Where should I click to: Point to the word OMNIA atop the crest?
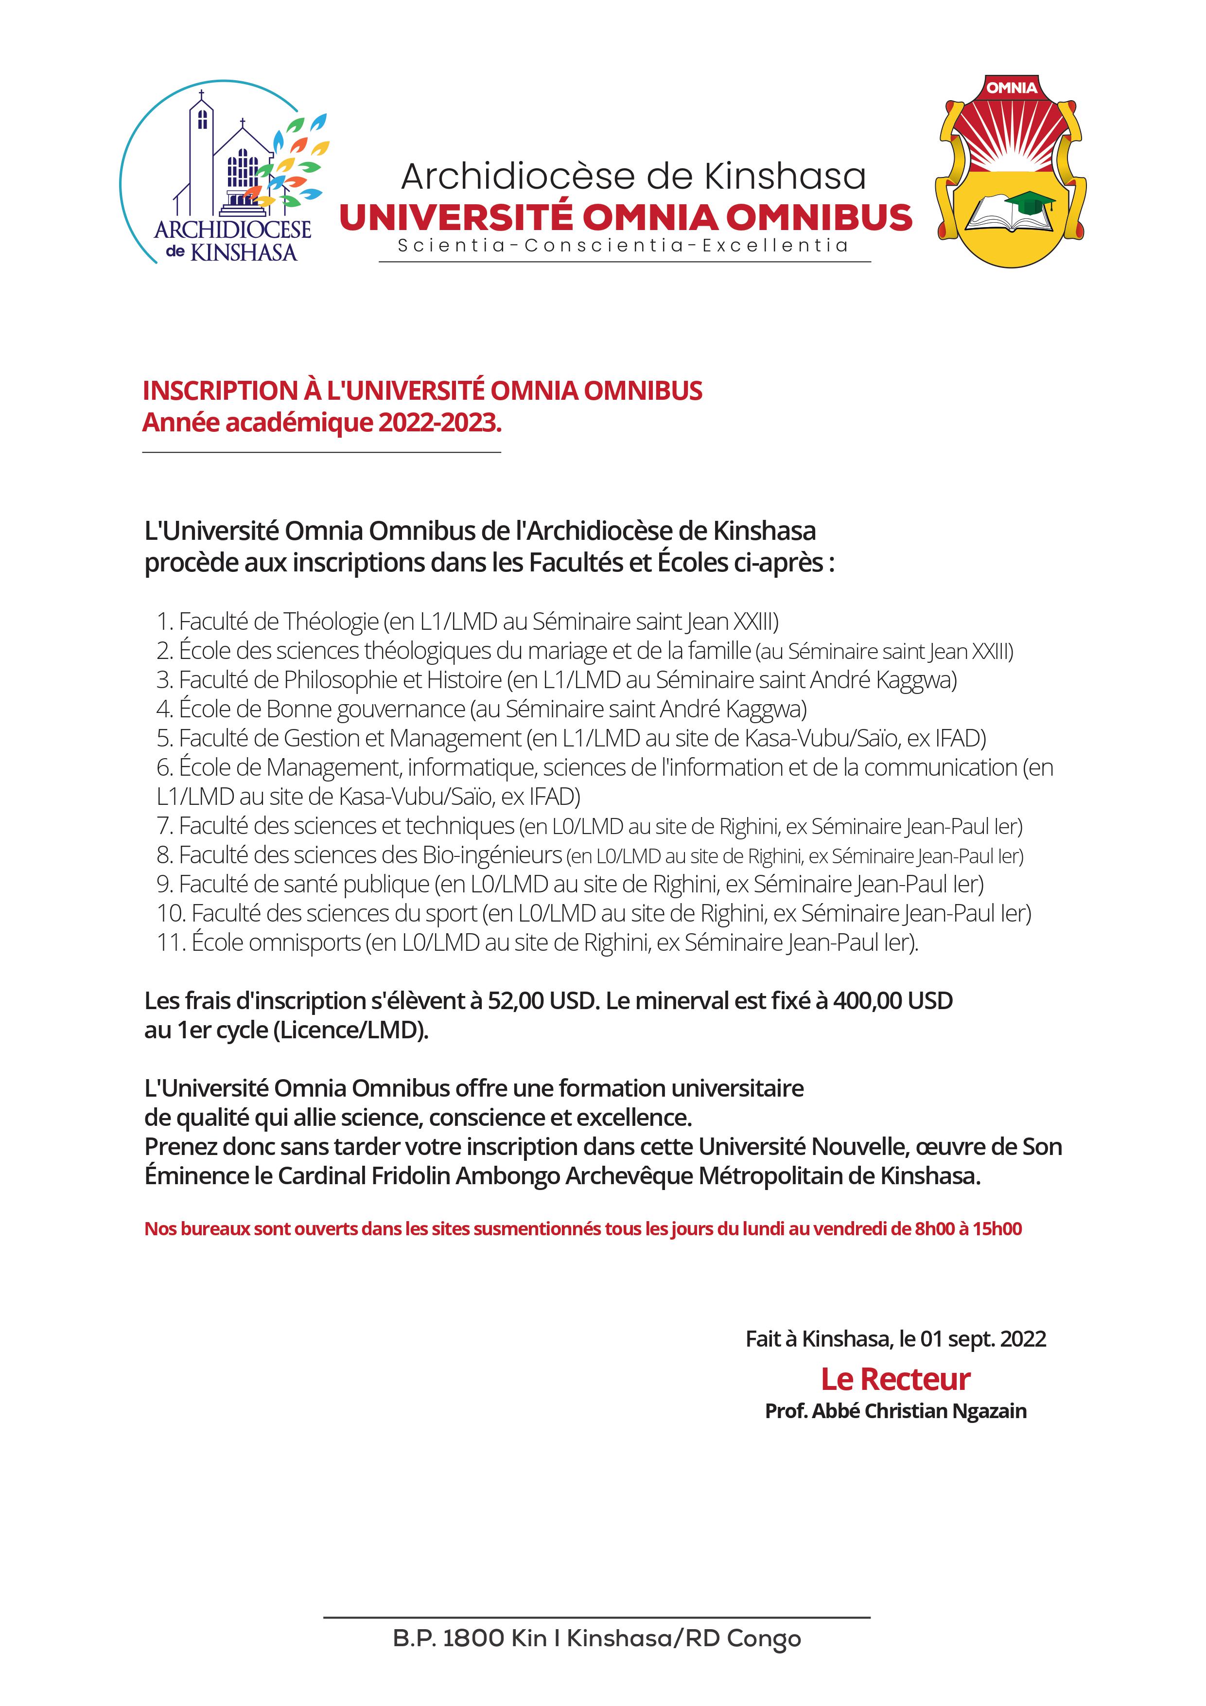[1012, 88]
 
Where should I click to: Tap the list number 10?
[170, 913]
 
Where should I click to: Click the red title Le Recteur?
[895, 1379]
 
